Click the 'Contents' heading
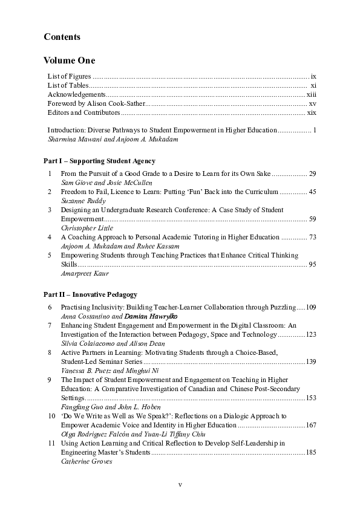tap(62, 37)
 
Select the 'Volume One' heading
tap(69, 60)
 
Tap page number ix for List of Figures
tap(313, 77)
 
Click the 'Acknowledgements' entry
tap(76, 95)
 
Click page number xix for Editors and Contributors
tap(312, 112)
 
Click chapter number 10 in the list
tap(50, 416)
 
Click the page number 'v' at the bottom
tap(180, 485)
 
